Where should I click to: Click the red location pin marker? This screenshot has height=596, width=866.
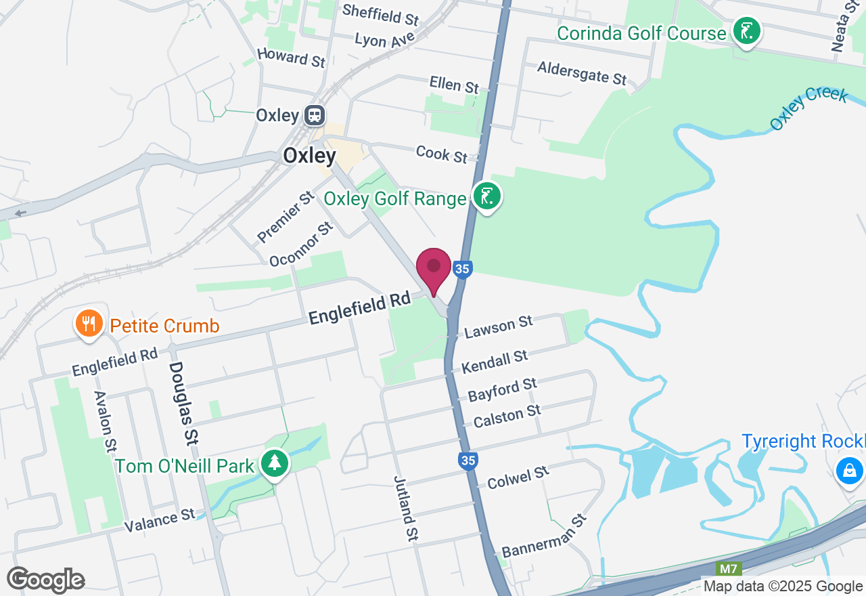434,268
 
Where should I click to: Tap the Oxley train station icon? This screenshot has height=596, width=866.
314,115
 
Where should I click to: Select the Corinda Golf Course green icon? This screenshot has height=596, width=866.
746,31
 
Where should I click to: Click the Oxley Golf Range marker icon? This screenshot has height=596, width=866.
487,196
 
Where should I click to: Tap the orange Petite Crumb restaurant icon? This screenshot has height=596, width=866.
89,324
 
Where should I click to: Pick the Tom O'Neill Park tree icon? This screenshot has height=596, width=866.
275,464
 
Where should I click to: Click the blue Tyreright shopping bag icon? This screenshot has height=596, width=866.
849,469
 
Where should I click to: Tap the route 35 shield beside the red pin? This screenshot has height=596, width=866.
462,269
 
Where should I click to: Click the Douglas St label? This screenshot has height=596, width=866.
183,402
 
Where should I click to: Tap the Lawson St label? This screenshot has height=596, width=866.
499,327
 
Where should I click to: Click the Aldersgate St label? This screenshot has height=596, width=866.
582,72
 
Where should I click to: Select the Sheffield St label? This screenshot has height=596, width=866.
381,14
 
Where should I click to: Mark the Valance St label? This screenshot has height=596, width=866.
160,519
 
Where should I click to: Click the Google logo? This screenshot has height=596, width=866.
45,580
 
